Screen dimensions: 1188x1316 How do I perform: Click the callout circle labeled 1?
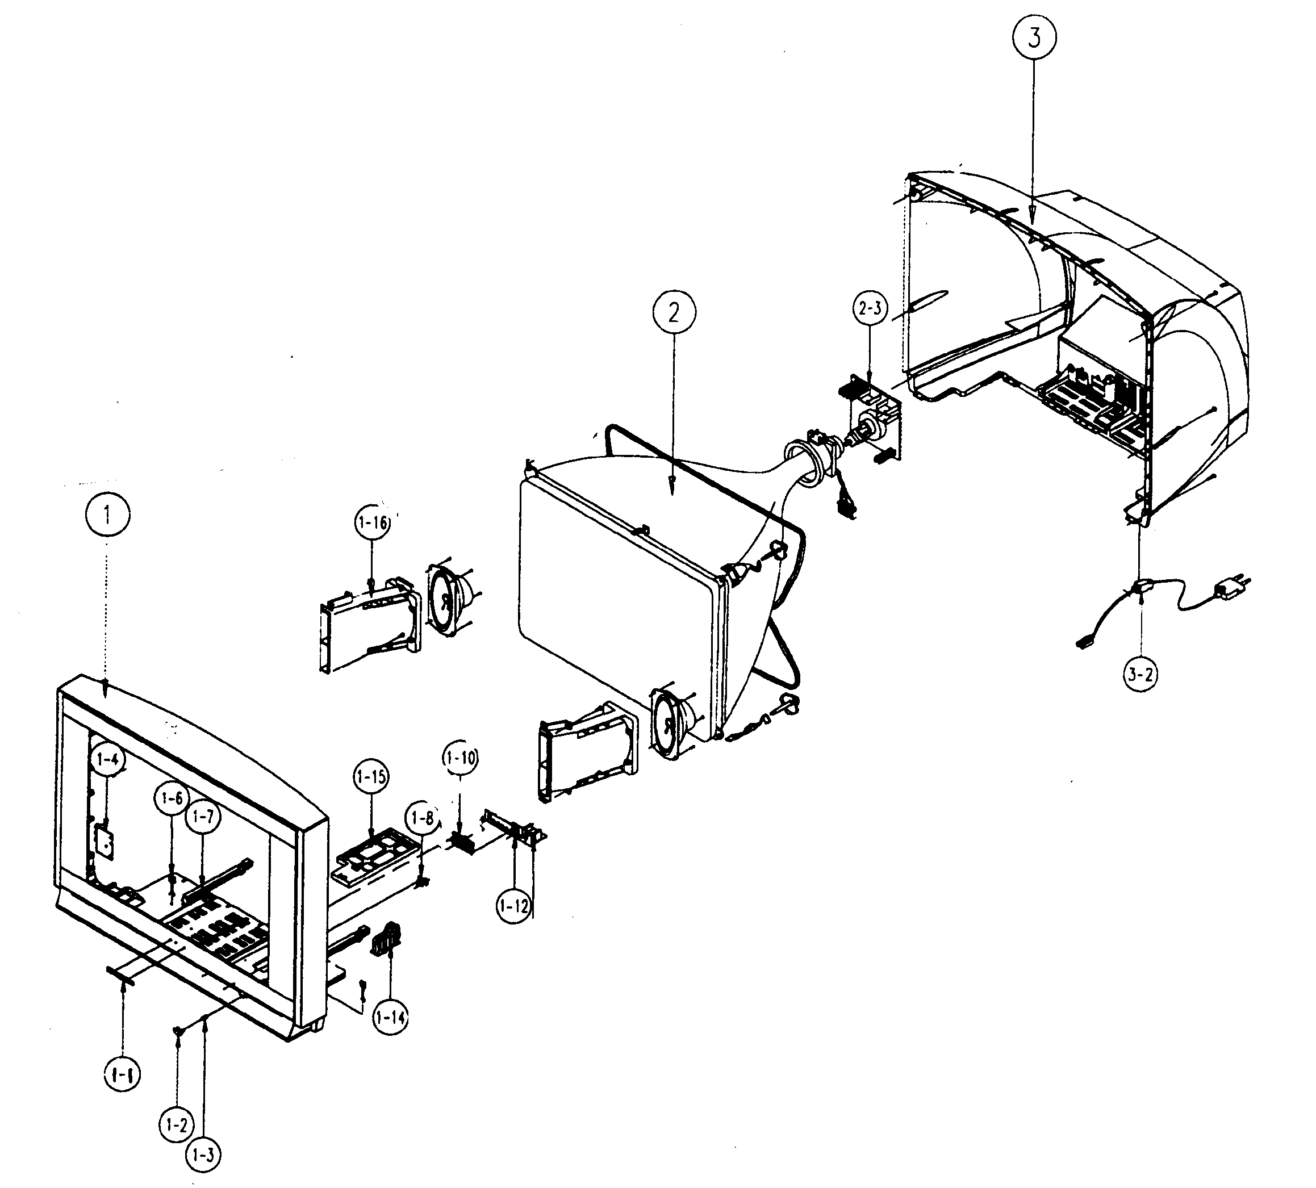tap(108, 514)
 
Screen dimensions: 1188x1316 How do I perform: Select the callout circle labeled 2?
tap(673, 313)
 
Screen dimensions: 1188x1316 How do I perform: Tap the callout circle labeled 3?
tap(1034, 38)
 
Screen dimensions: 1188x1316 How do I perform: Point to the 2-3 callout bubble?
tap(871, 309)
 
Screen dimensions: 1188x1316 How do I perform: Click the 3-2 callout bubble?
tap(1140, 674)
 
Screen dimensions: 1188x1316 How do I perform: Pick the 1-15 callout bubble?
tap(371, 777)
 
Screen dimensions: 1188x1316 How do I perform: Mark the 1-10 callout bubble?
tap(460, 759)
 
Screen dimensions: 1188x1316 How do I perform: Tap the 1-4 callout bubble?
tap(108, 759)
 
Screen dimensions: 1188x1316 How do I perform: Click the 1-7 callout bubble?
tap(202, 816)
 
